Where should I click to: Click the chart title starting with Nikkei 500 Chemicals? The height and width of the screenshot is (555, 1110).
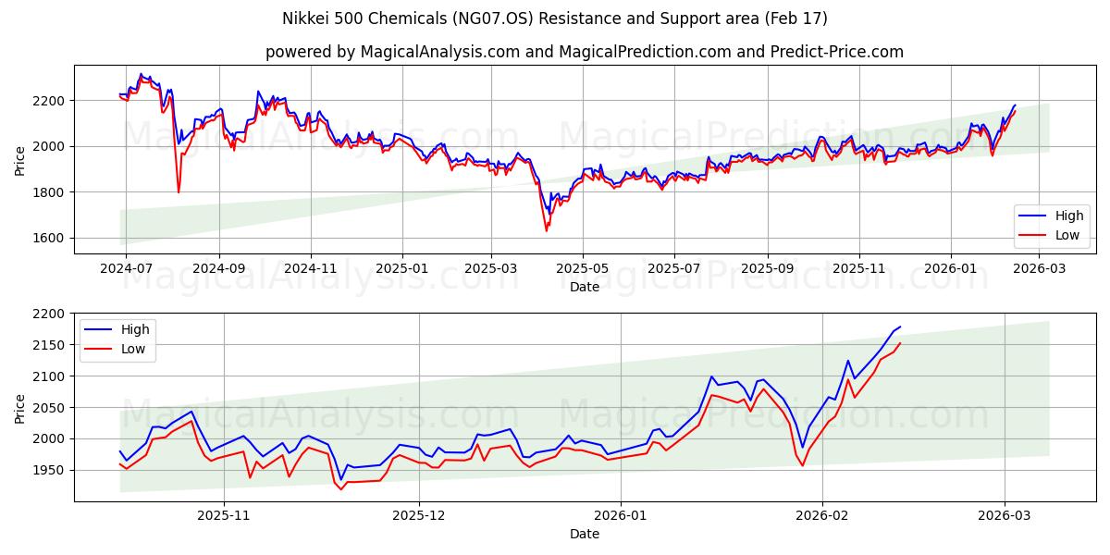pyautogui.click(x=554, y=18)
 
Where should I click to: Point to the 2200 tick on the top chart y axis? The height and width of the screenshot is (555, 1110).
pyautogui.click(x=49, y=100)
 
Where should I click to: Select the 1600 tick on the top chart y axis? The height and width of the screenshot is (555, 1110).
pyautogui.click(x=49, y=238)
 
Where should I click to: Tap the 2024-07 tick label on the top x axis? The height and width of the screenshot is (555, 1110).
pyautogui.click(x=126, y=268)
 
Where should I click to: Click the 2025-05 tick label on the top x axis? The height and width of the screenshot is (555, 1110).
pyautogui.click(x=582, y=268)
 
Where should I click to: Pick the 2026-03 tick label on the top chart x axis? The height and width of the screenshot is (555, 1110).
pyautogui.click(x=1039, y=268)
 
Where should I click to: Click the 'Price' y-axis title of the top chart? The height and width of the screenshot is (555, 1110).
pyautogui.click(x=20, y=160)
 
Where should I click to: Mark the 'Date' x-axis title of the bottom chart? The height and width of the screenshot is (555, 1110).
pyautogui.click(x=584, y=534)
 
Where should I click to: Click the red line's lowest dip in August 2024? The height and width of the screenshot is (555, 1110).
pyautogui.click(x=179, y=192)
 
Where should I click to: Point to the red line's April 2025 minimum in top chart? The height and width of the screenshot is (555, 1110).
pyautogui.click(x=546, y=230)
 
